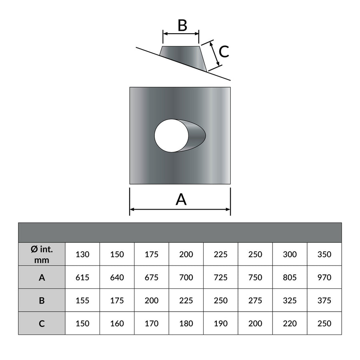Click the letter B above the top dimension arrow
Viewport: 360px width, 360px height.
click(x=182, y=25)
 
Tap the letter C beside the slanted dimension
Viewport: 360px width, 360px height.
click(x=224, y=52)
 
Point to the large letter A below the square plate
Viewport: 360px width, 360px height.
click(x=181, y=199)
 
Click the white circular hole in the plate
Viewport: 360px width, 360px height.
click(x=172, y=136)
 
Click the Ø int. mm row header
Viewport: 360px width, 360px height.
click(x=42, y=254)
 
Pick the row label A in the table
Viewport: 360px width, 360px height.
click(x=42, y=277)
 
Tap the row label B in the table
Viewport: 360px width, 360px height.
click(x=42, y=300)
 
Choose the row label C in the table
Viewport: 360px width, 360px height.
click(x=42, y=323)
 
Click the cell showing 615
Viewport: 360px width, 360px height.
click(x=82, y=277)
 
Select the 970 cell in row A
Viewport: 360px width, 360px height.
click(x=324, y=277)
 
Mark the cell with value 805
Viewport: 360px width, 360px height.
click(x=290, y=277)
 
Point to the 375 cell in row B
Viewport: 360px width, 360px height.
click(x=324, y=300)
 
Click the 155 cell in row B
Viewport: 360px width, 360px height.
click(x=82, y=300)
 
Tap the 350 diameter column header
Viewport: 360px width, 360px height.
click(x=324, y=254)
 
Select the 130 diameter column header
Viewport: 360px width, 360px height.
click(x=82, y=254)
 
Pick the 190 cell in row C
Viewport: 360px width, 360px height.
click(x=221, y=323)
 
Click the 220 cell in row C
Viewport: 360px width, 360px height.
click(x=290, y=323)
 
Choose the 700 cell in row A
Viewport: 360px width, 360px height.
click(x=186, y=277)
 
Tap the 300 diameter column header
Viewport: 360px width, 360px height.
click(x=290, y=254)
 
